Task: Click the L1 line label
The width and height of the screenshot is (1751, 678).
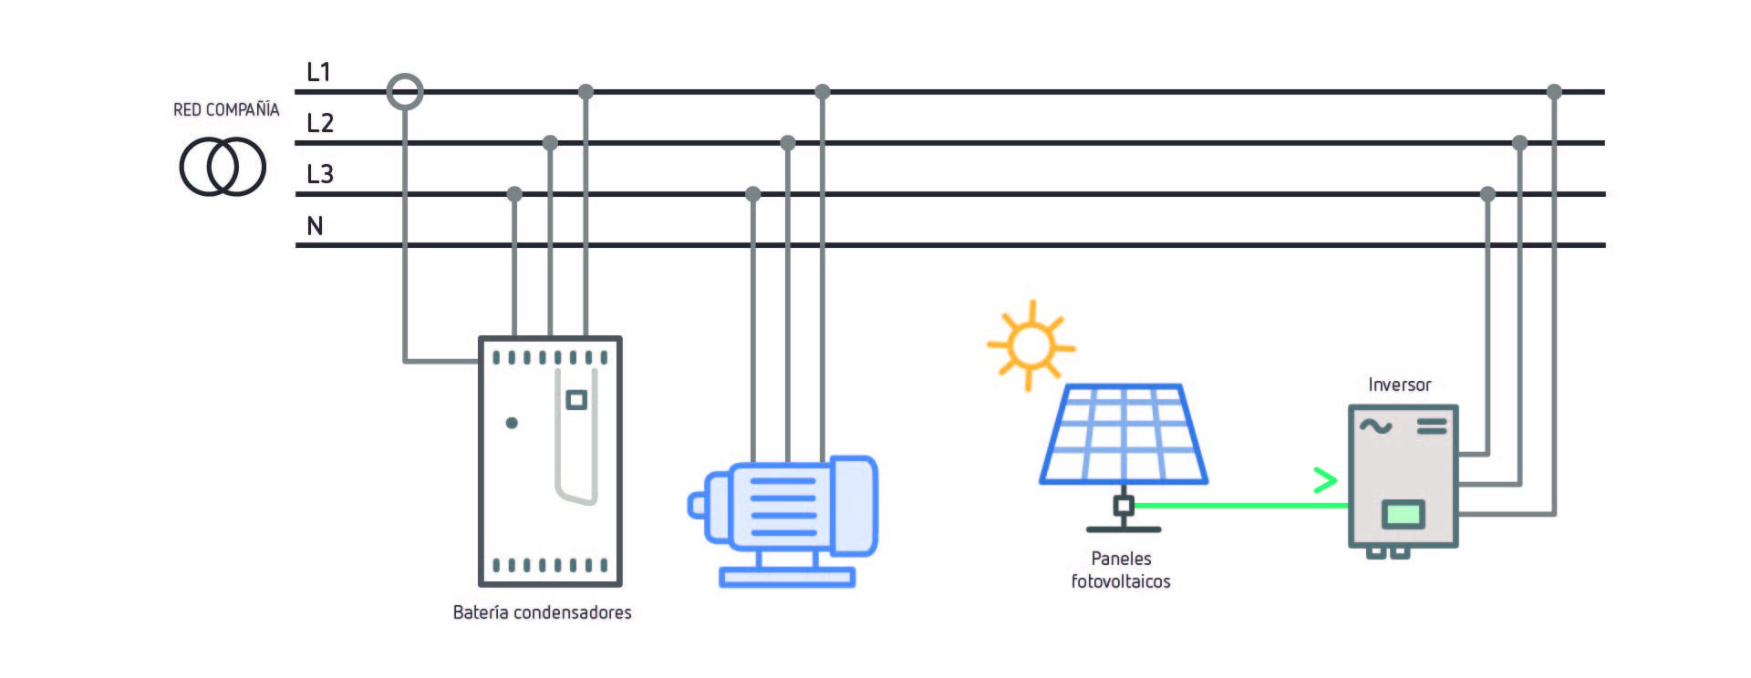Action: point(318,72)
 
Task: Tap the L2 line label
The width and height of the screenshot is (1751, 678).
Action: point(320,123)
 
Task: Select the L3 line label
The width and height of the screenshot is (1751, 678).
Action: point(320,174)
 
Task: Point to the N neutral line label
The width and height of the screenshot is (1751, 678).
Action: point(315,226)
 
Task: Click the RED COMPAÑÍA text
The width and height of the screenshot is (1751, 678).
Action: point(226,109)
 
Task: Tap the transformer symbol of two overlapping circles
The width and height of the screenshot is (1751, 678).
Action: point(223,167)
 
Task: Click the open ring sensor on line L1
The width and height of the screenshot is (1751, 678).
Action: point(405,92)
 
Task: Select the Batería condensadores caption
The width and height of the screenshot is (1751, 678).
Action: point(542,612)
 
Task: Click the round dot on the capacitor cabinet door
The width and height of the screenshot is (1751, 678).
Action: point(512,423)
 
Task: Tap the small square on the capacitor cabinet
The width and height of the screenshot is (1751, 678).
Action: point(576,400)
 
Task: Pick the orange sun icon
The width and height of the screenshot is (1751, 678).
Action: point(1031,345)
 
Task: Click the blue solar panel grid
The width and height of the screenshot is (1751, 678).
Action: point(1124,434)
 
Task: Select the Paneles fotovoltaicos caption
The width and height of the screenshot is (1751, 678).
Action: point(1121,570)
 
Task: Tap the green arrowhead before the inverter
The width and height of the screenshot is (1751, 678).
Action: point(1325,480)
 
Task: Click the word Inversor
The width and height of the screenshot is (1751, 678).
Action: point(1399,385)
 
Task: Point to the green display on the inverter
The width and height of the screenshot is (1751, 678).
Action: point(1403,514)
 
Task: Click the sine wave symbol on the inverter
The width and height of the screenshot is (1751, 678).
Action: point(1376,426)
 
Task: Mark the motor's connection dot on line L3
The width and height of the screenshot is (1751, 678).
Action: point(753,194)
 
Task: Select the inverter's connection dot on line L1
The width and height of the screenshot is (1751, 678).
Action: point(1555,92)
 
